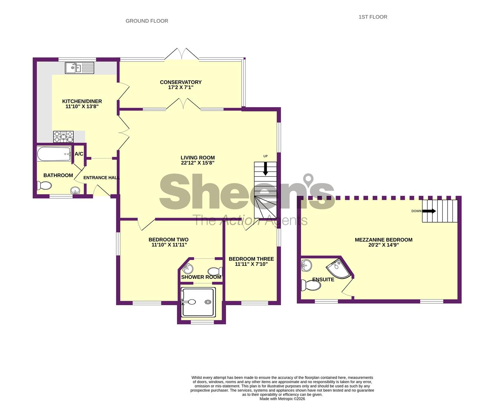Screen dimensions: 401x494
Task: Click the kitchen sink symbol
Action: click(79, 68)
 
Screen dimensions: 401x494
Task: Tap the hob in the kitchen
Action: click(64, 137)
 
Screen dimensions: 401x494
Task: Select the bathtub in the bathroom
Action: click(54, 154)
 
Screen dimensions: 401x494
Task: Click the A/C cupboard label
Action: click(79, 154)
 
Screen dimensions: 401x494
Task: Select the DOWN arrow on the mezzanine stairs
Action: click(429, 211)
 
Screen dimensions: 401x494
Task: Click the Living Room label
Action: click(198, 157)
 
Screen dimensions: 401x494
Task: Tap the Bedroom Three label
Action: click(251, 259)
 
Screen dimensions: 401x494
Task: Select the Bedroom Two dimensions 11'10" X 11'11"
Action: click(169, 245)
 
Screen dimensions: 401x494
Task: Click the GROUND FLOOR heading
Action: click(147, 21)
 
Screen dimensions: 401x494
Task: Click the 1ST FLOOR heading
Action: click(373, 17)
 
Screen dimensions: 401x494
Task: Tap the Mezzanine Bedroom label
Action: click(383, 240)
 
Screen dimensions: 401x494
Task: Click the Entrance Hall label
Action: click(101, 178)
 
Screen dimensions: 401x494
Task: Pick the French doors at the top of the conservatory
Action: click(182, 54)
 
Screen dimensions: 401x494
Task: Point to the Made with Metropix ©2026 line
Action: click(282, 399)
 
